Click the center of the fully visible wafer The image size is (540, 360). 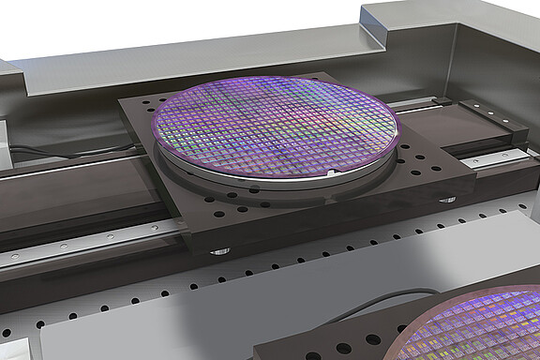[x=274, y=127]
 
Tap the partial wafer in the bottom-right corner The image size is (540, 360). [x=473, y=324]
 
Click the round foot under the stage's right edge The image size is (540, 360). [x=447, y=199]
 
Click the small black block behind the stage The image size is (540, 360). [x=442, y=100]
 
